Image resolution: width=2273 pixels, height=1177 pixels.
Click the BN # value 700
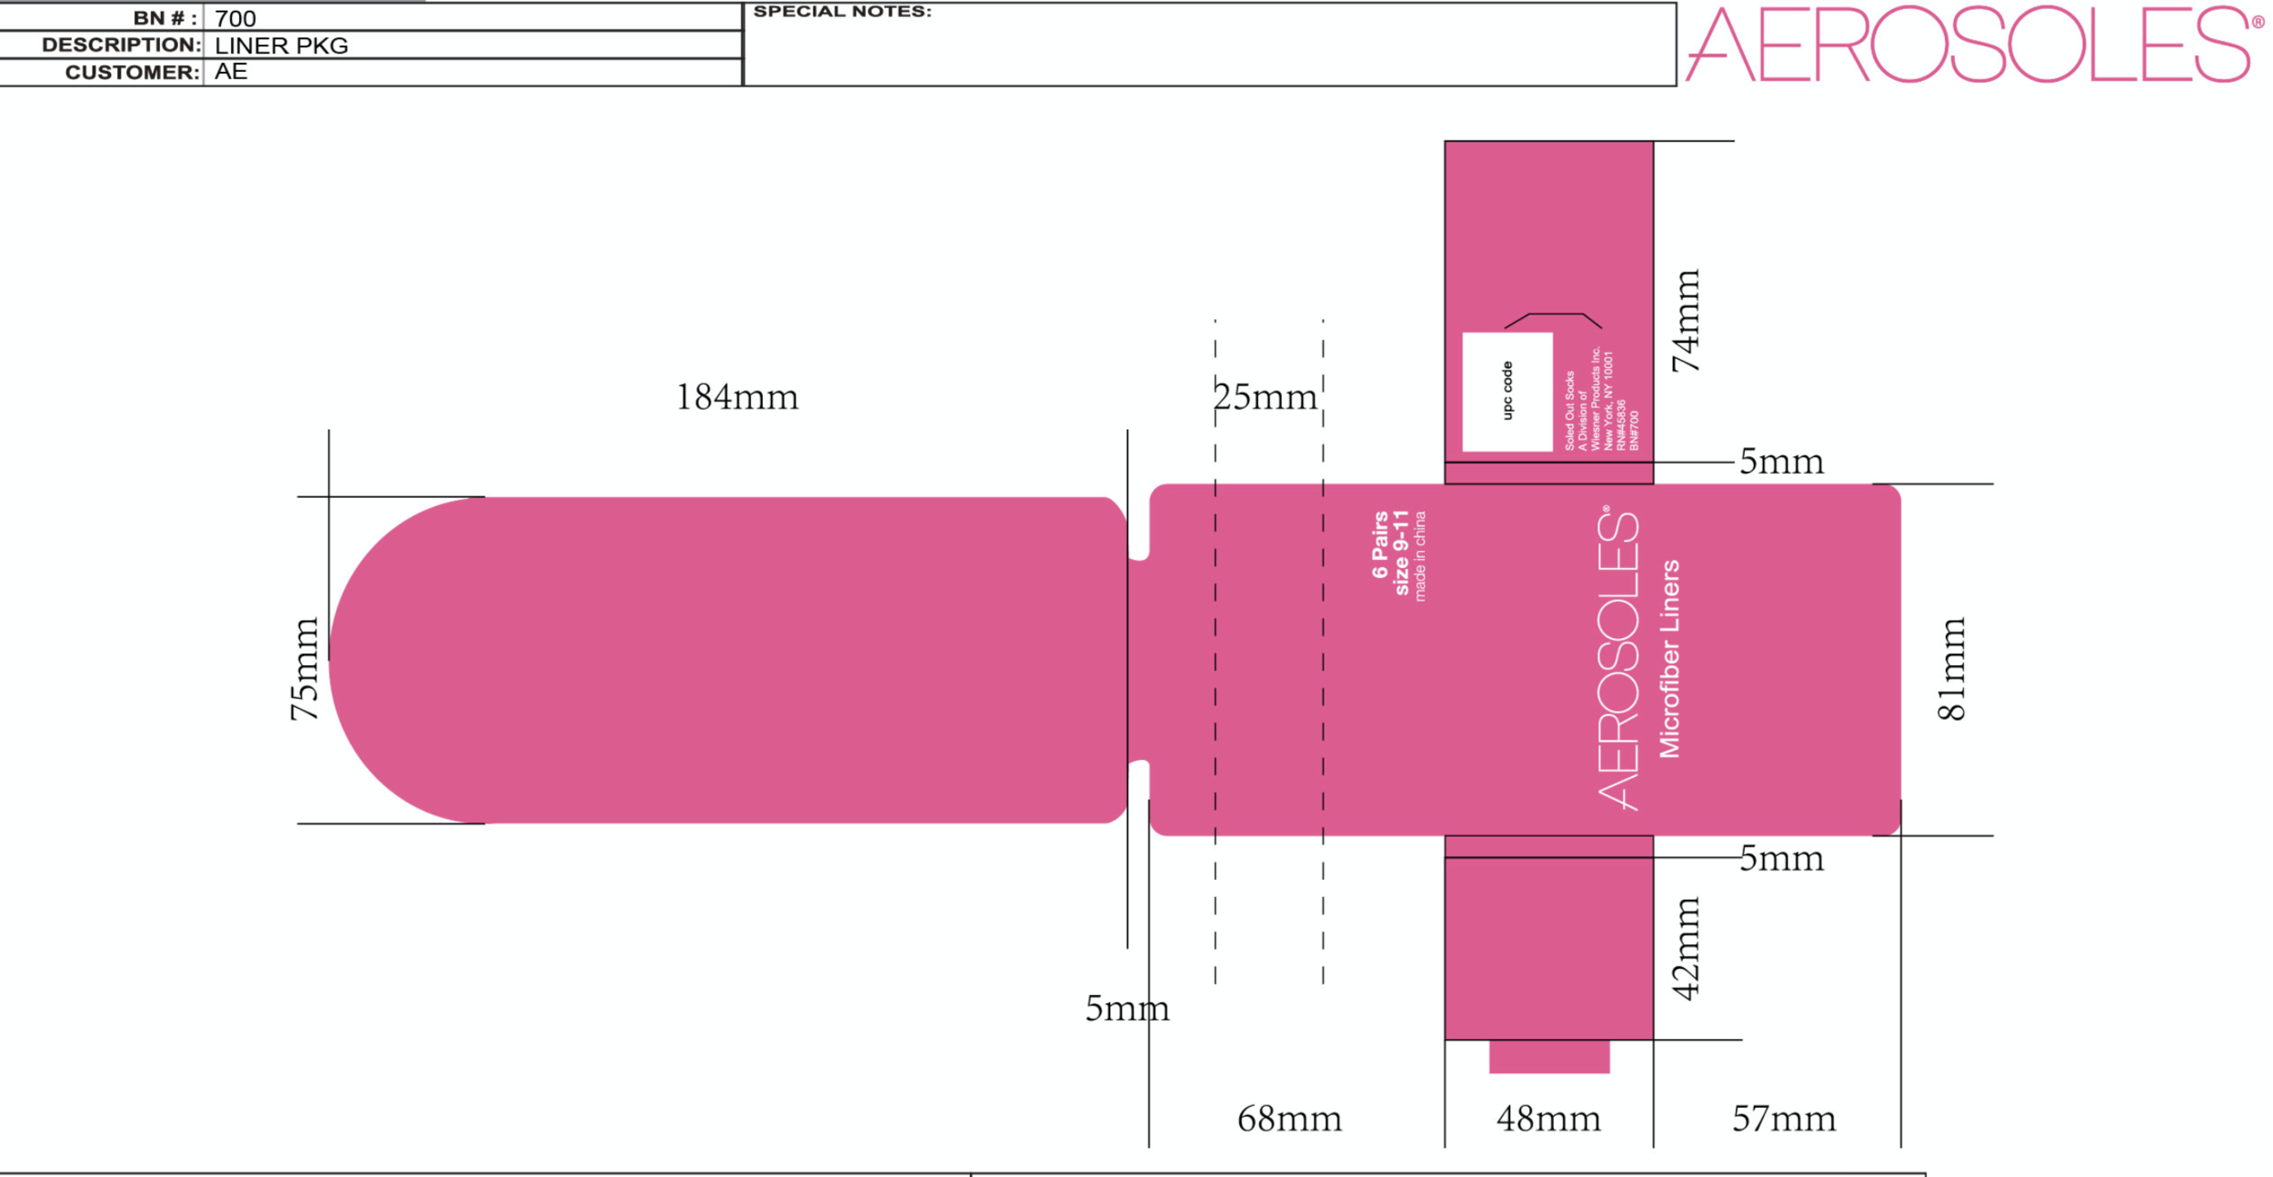coord(235,18)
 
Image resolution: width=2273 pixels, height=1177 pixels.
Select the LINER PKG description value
coord(281,45)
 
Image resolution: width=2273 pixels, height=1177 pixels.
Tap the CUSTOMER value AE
coord(231,72)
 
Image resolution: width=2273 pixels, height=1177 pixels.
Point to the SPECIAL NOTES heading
coord(842,12)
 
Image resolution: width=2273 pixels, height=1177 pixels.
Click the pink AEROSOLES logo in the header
coord(1973,45)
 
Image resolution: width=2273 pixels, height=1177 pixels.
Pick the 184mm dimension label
coord(736,397)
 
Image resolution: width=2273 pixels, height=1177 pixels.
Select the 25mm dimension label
coord(1265,397)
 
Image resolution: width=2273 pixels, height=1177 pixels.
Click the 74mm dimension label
coord(1687,321)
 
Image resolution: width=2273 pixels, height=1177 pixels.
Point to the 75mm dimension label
coord(305,669)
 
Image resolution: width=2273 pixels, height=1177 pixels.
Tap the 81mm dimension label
coord(1952,669)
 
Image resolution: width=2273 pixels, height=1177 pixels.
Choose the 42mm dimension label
coord(1687,949)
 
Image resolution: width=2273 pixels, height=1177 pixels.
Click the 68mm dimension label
coord(1289,1119)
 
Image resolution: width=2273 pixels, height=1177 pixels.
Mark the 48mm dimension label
coord(1548,1119)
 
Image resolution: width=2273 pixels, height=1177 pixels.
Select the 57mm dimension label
coord(1784,1119)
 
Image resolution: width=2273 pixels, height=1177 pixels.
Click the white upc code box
coord(1507,392)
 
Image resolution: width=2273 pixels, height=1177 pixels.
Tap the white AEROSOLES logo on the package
coord(1618,658)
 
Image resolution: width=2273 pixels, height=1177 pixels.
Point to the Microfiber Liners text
coord(1670,658)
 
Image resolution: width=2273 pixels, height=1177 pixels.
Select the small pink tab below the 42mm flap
coord(1548,1056)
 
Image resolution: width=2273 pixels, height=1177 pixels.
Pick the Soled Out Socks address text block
coord(1601,400)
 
